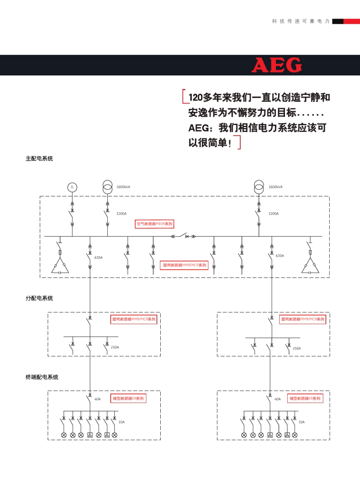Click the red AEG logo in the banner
(x=277, y=65)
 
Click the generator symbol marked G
(x=72, y=187)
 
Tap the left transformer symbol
(x=108, y=187)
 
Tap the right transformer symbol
(x=259, y=187)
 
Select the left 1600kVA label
(x=123, y=187)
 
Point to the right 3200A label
(x=273, y=214)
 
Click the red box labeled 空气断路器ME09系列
(x=154, y=224)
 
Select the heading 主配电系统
(x=39, y=158)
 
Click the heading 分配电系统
(x=39, y=298)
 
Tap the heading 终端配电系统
(x=42, y=377)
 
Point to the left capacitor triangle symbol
(x=60, y=266)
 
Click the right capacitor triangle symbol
(x=310, y=266)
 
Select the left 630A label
(x=99, y=258)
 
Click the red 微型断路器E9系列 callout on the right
(x=305, y=398)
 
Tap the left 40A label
(x=97, y=399)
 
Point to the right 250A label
(x=297, y=348)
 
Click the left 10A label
(x=121, y=422)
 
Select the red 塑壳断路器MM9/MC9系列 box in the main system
(x=185, y=265)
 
